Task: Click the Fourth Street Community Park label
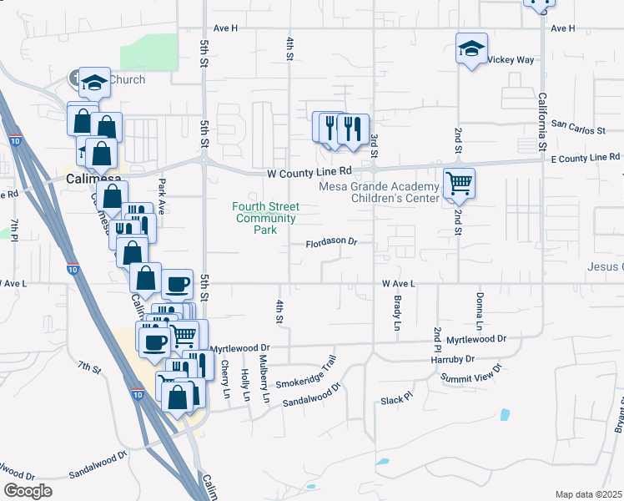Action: pyautogui.click(x=265, y=218)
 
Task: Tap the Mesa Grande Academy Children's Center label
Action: pyautogui.click(x=383, y=192)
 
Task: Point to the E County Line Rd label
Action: pyautogui.click(x=585, y=157)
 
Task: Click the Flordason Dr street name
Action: pyautogui.click(x=330, y=242)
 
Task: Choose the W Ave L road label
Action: pyautogui.click(x=398, y=284)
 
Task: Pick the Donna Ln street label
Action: pyautogui.click(x=480, y=310)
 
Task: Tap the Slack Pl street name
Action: pyautogui.click(x=396, y=399)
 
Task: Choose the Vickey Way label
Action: pyautogui.click(x=511, y=60)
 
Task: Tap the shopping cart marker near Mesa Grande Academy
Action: pyautogui.click(x=459, y=181)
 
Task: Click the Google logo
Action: pyautogui.click(x=28, y=491)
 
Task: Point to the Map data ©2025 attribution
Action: pyautogui.click(x=588, y=494)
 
